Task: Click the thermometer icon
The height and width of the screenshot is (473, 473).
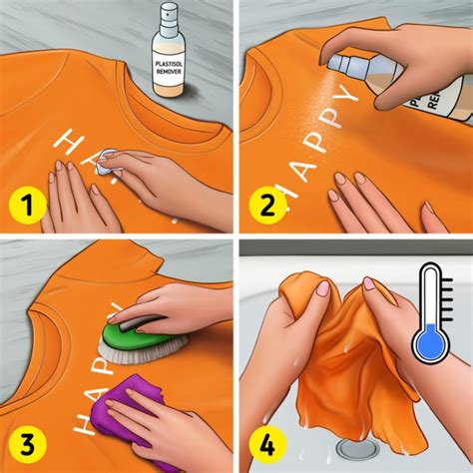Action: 430,308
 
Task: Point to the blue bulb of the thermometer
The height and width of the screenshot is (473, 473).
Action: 430,343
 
